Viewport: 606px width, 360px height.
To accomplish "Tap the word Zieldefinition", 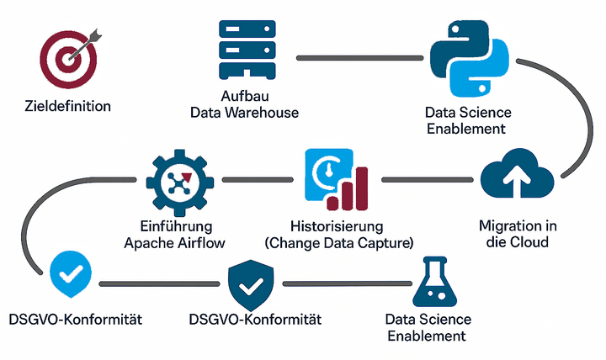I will (x=68, y=107).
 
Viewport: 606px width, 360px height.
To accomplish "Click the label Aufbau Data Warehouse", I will (x=244, y=104).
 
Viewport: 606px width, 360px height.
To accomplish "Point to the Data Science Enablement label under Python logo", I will (x=467, y=120).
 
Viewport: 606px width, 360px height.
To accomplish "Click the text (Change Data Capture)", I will (x=338, y=243).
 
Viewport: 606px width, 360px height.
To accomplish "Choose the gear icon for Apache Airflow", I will (x=175, y=182).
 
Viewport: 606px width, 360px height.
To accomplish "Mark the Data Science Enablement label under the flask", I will (x=428, y=328).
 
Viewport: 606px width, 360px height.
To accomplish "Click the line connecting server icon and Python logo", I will (x=353, y=57).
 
